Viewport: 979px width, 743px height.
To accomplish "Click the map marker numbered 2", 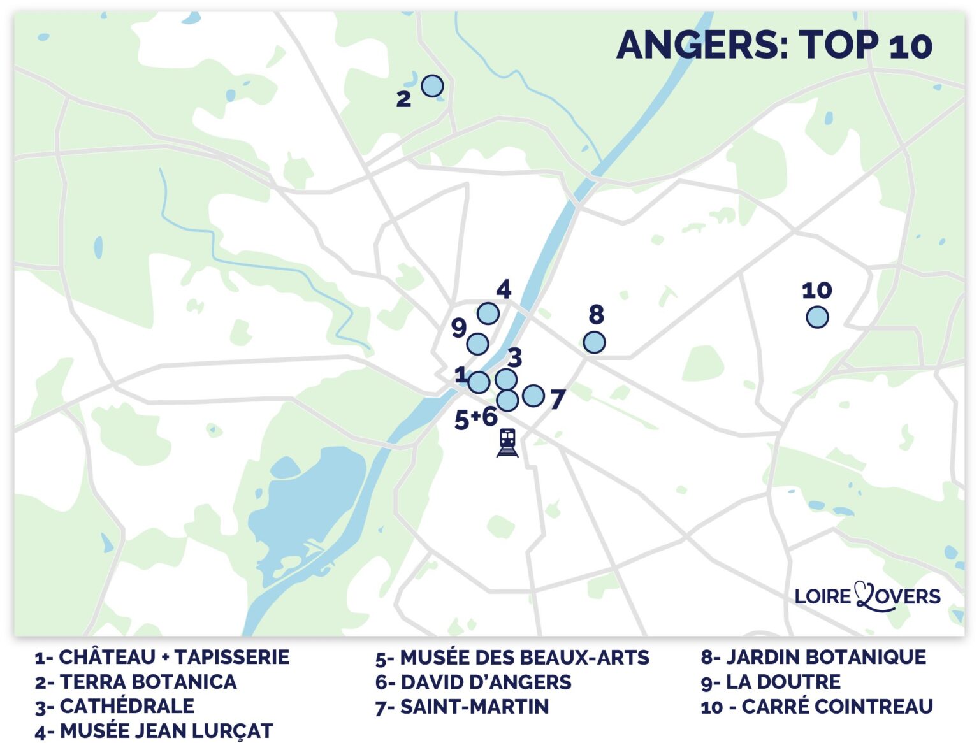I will (432, 85).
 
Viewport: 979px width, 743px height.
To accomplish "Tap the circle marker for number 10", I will (817, 317).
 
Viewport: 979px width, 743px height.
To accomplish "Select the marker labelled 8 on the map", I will (594, 342).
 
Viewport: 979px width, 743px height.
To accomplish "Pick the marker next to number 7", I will (533, 396).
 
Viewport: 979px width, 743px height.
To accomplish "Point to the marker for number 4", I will (488, 313).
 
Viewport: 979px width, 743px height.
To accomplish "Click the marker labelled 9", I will (477, 344).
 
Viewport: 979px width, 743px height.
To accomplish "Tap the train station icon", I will (507, 443).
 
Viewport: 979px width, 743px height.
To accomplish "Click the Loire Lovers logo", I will (867, 596).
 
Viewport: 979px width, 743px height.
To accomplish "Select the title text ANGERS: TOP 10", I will (774, 45).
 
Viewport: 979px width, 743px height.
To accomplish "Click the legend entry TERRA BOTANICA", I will (136, 682).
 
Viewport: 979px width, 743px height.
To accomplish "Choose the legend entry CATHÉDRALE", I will (115, 706).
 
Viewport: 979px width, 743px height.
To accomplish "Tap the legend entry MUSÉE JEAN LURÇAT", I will (154, 731).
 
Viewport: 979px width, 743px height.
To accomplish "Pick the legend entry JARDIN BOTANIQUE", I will (813, 657).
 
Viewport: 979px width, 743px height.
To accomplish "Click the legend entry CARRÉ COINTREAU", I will (816, 707).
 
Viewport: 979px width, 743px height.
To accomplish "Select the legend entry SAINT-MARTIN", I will (462, 707).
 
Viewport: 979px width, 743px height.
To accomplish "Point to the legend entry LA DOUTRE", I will (771, 682).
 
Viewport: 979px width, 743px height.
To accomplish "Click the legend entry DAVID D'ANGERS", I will (474, 682).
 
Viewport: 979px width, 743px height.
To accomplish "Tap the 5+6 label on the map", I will (476, 418).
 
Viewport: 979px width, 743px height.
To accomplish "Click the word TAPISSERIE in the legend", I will (232, 657).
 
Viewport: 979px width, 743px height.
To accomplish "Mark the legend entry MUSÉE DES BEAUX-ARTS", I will (512, 658).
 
